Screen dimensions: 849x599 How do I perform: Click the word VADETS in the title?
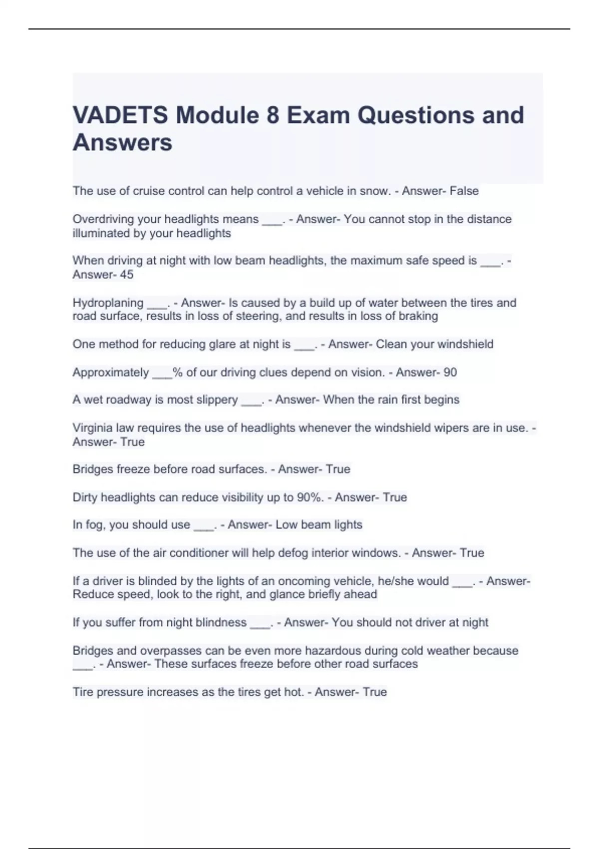(120, 115)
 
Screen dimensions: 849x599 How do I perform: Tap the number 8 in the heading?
(273, 115)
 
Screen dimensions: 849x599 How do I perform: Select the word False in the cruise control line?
(464, 191)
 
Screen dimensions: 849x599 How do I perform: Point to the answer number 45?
(127, 275)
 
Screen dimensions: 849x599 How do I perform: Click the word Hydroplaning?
(108, 303)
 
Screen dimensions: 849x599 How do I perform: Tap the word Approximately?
(111, 373)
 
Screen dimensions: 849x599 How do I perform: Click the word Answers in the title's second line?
(122, 143)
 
